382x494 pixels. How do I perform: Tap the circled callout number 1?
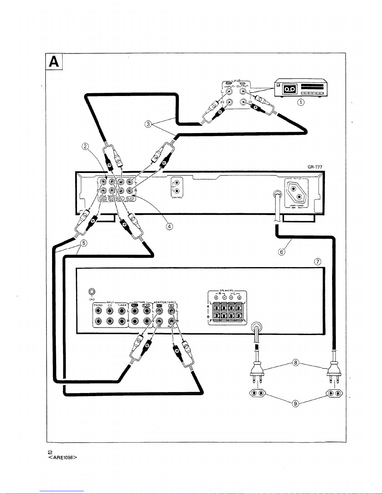tap(301, 102)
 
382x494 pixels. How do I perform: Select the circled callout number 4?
tap(169, 227)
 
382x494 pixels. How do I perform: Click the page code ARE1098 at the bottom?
tap(62, 458)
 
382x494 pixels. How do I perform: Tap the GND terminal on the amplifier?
tap(91, 292)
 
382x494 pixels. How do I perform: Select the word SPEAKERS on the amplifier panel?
tap(227, 290)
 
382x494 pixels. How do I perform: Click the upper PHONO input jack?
tap(99, 311)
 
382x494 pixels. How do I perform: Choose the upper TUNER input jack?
tap(122, 311)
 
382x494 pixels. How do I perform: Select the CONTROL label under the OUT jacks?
tap(177, 198)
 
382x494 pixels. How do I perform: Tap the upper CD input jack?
tap(110, 311)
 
